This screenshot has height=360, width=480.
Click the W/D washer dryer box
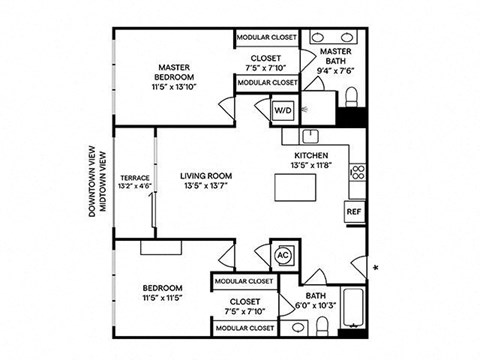[282, 110]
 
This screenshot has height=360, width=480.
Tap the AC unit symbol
[282, 254]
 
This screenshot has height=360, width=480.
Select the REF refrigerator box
[353, 212]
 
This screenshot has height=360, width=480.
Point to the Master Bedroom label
[174, 72]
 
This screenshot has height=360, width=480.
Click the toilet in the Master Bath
[353, 97]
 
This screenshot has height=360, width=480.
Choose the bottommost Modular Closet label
[244, 327]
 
